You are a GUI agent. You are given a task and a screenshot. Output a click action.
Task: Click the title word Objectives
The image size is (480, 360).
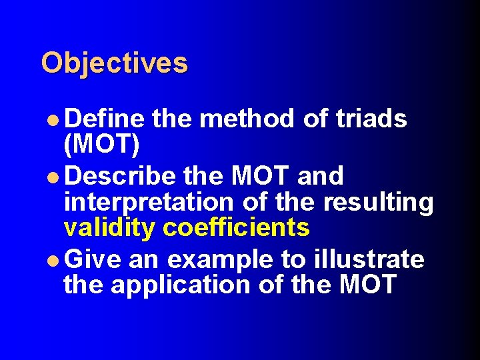click(x=114, y=63)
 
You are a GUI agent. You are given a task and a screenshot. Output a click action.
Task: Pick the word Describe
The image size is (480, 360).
click(x=121, y=176)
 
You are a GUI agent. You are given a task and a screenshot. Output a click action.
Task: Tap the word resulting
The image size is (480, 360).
click(x=379, y=201)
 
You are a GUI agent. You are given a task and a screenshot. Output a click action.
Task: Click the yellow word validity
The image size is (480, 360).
click(x=110, y=227)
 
